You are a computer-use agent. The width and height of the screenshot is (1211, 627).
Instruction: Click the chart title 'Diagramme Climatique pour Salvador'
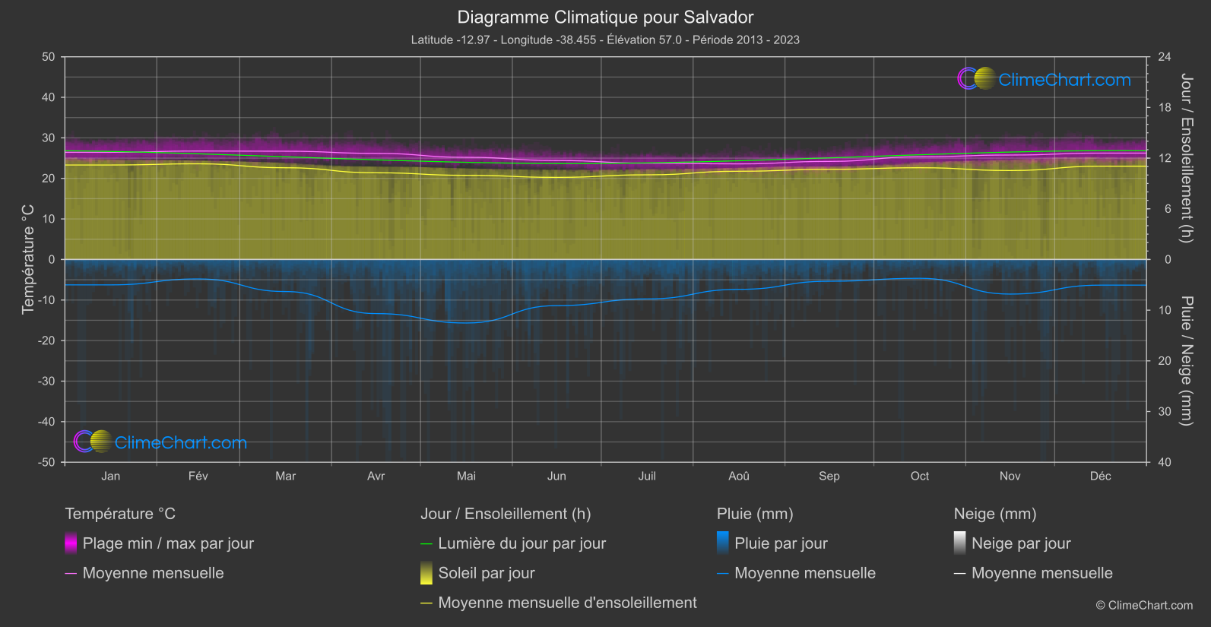(605, 17)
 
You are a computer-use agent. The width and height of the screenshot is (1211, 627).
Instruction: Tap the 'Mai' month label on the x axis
(466, 476)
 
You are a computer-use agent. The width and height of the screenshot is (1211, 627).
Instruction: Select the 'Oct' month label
(919, 476)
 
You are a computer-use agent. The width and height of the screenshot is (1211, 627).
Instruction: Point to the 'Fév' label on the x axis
(198, 476)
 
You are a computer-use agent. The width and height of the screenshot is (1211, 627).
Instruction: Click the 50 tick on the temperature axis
(49, 57)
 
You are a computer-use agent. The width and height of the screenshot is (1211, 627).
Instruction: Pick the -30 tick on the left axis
(46, 381)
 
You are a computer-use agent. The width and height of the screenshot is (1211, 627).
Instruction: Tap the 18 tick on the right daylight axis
(1165, 108)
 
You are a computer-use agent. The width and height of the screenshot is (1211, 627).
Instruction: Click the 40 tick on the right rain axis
(1165, 462)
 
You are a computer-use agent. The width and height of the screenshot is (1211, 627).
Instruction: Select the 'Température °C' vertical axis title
(28, 259)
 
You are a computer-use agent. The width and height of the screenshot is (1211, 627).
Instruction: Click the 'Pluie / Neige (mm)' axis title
(1186, 361)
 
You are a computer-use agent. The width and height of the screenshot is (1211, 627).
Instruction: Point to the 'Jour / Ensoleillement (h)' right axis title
(1186, 158)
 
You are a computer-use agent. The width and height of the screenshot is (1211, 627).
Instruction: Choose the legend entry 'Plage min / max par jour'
(168, 543)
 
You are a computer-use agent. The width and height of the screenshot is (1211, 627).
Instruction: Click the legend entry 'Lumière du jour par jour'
(521, 543)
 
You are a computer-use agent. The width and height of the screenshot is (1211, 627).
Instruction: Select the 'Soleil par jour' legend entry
(487, 573)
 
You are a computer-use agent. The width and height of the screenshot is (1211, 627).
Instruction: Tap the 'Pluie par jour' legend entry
(781, 543)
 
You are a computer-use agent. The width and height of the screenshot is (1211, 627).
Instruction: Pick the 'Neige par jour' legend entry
(1021, 543)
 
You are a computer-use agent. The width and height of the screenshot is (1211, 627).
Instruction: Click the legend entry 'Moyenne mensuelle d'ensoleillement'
(567, 603)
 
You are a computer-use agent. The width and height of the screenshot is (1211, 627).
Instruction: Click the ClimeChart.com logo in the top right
(1045, 79)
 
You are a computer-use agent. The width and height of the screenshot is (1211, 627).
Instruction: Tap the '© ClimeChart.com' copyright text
(1144, 606)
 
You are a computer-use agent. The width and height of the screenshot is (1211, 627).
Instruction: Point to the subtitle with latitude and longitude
(605, 40)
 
